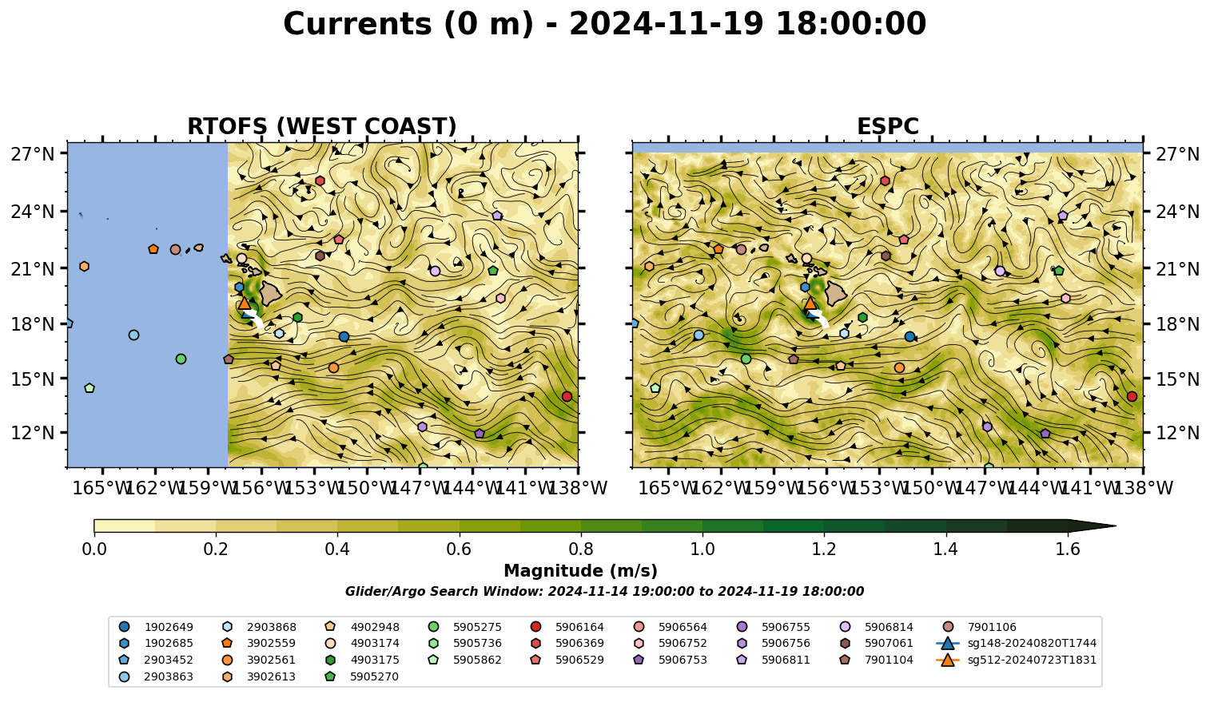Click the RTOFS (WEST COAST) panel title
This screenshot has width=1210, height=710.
tap(322, 126)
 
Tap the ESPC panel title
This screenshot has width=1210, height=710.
tap(887, 126)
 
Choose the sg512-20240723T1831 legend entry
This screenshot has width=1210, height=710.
tap(1017, 660)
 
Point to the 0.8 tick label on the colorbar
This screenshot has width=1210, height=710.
tap(581, 549)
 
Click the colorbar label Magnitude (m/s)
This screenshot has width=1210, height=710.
tap(581, 571)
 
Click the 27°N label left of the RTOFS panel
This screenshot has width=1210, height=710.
tap(33, 154)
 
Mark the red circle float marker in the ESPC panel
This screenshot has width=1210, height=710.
tap(1132, 396)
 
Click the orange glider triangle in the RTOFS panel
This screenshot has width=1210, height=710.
tap(245, 303)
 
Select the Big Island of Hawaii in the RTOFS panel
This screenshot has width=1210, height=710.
tap(271, 293)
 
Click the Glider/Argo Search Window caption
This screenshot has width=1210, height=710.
tap(604, 591)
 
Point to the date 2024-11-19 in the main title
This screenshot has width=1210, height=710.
tap(666, 24)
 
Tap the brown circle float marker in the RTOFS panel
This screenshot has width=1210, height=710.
tap(175, 249)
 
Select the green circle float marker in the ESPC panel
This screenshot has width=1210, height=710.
tap(746, 359)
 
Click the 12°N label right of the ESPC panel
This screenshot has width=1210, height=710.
tap(1177, 433)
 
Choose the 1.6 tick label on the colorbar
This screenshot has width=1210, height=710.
tap(1068, 549)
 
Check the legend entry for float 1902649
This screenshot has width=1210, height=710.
tap(156, 627)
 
